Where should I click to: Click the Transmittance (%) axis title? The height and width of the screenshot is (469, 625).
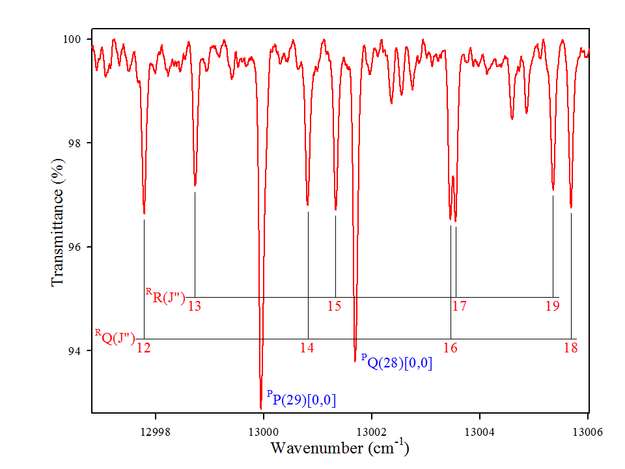pyautogui.click(x=58, y=225)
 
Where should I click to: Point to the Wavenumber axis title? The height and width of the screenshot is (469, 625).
pyautogui.click(x=339, y=448)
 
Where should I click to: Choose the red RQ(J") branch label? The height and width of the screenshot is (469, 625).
pyautogui.click(x=115, y=337)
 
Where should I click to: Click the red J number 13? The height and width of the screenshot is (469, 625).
pyautogui.click(x=194, y=306)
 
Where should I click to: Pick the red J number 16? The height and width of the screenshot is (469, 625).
pyautogui.click(x=450, y=348)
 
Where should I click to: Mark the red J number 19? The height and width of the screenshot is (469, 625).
pyautogui.click(x=552, y=306)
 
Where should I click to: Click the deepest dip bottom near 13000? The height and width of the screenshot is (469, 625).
pyautogui.click(x=260, y=408)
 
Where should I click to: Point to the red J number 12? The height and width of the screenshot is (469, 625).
pyautogui.click(x=144, y=348)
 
